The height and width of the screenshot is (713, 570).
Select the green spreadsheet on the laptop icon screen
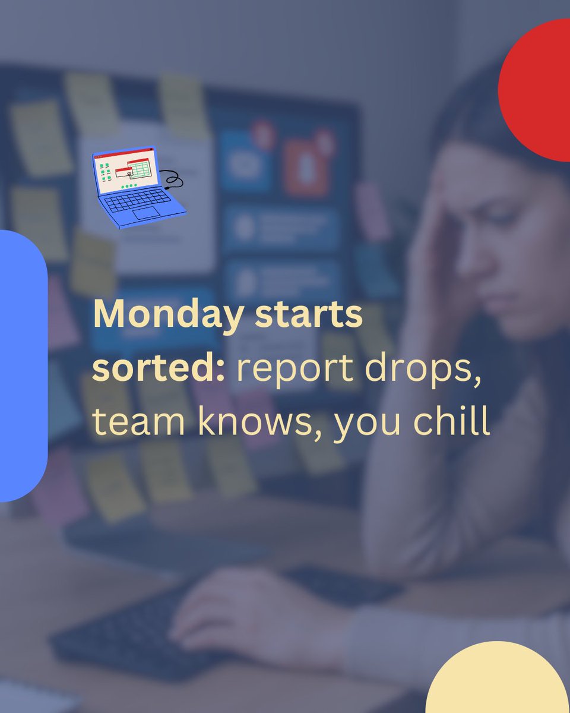point(140,171)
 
